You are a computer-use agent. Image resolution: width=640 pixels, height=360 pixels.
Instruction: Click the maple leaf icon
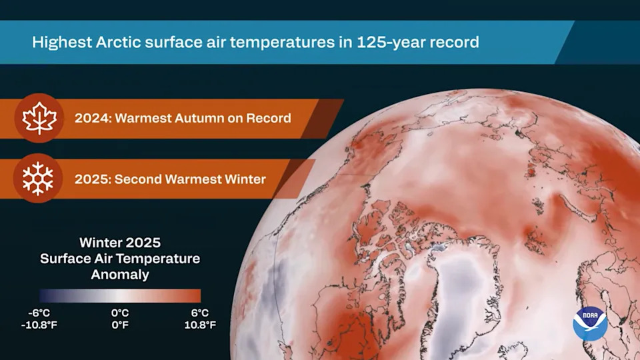click(39, 118)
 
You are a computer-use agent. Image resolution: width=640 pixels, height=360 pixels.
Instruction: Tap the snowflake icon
click(39, 178)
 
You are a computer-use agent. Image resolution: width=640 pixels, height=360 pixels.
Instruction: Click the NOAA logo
click(589, 324)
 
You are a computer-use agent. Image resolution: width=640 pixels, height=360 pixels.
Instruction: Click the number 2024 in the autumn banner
click(91, 119)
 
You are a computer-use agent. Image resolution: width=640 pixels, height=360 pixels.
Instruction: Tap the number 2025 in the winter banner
click(91, 179)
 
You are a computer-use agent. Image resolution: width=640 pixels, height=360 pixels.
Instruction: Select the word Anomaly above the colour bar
click(120, 274)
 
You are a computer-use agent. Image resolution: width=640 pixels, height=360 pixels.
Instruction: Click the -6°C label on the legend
click(39, 313)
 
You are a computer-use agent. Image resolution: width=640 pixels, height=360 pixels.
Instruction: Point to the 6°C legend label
click(199, 313)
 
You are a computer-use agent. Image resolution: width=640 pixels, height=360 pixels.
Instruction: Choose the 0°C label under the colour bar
click(120, 313)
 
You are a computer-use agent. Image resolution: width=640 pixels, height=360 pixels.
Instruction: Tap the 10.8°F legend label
click(199, 325)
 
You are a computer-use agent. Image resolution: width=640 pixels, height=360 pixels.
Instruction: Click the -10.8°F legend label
click(39, 325)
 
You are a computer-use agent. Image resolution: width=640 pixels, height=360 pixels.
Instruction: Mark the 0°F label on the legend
click(120, 325)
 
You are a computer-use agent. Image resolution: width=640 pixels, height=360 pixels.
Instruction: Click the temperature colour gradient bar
click(120, 296)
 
